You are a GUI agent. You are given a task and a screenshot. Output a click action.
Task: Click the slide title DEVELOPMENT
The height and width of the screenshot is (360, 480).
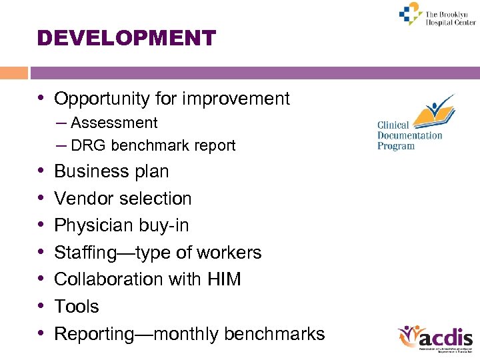[127, 37]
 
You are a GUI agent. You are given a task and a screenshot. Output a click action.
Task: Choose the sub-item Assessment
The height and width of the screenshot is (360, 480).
[114, 123]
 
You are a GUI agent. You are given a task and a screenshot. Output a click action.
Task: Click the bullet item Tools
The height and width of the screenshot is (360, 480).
[76, 307]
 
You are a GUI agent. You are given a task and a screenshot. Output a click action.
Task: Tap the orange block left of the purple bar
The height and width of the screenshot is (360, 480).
[14, 73]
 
